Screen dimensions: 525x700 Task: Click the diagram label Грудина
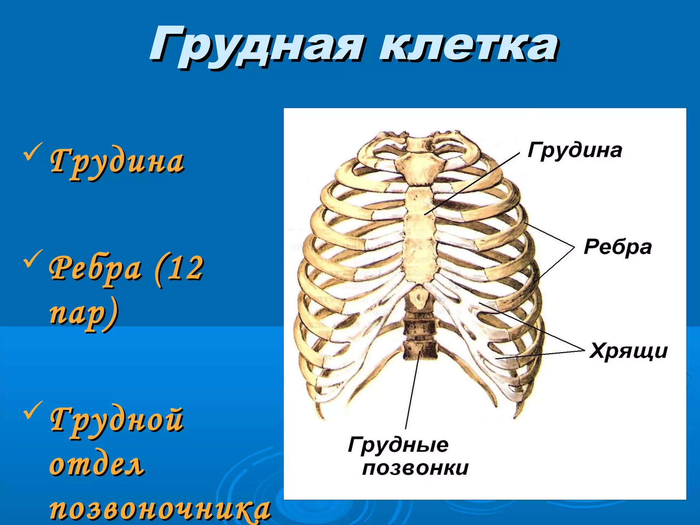pos(575,150)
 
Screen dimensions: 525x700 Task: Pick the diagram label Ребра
pos(617,247)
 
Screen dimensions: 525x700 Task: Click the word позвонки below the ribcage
pos(415,468)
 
